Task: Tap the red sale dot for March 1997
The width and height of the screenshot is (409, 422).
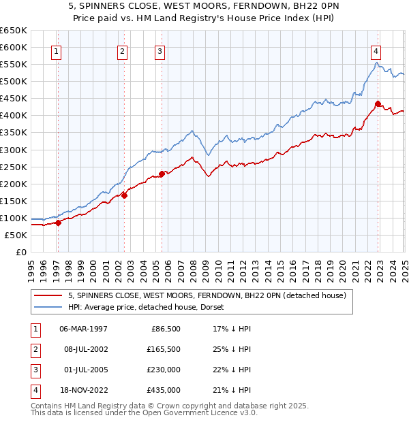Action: pyautogui.click(x=58, y=222)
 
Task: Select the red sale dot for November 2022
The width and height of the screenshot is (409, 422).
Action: pyautogui.click(x=378, y=103)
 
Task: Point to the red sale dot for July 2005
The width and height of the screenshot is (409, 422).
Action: pyautogui.click(x=162, y=174)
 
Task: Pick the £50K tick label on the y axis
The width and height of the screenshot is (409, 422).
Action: pyautogui.click(x=16, y=235)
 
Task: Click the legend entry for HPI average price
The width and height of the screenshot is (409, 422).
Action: pyautogui.click(x=151, y=307)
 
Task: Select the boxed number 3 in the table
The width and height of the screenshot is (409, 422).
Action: pyautogui.click(x=34, y=370)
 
